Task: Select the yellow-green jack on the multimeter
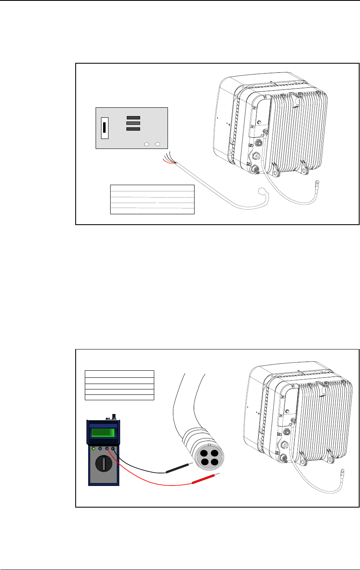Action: [x=94, y=449]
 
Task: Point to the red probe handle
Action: [x=201, y=481]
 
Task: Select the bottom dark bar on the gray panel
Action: [x=133, y=129]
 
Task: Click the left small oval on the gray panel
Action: [x=147, y=144]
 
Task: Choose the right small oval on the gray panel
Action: [x=158, y=144]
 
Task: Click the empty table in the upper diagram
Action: [x=152, y=199]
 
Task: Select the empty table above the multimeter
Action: [x=119, y=385]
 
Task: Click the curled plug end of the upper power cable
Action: [x=262, y=192]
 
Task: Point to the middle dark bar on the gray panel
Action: [x=133, y=124]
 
